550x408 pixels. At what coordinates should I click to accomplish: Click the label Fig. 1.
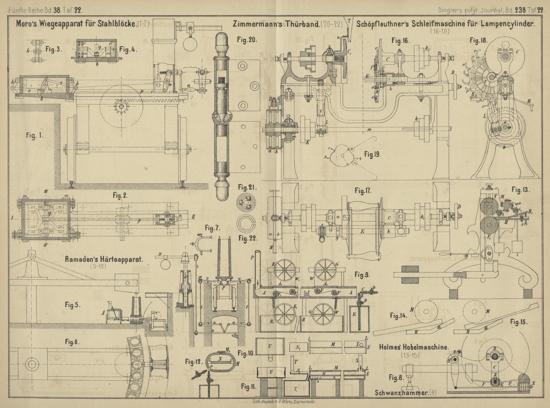[34, 135]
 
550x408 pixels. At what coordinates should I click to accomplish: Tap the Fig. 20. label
[247, 39]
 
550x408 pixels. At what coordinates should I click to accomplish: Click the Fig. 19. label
[372, 154]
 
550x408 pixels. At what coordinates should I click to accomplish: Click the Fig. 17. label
[364, 191]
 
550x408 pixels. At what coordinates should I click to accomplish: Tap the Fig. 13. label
[521, 190]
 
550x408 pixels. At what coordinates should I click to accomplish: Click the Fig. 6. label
[72, 342]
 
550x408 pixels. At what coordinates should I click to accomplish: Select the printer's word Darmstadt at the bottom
[304, 402]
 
